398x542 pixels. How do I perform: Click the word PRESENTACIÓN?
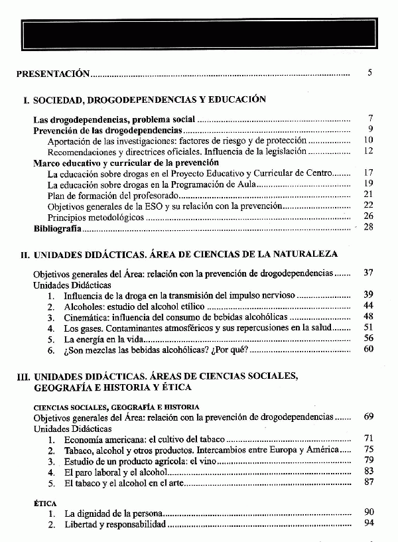coord(52,74)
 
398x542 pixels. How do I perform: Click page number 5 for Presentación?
coord(369,72)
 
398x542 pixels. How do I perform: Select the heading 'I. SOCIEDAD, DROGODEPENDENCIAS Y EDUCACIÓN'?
coord(144,100)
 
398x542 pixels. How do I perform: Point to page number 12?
coord(369,151)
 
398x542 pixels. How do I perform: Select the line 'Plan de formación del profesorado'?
coord(113,195)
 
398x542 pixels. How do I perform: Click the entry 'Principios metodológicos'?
coord(96,217)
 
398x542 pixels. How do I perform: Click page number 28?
coord(369,227)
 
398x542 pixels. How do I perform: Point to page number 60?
coord(369,349)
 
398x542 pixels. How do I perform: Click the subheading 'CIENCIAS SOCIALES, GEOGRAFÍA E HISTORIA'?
coord(116,407)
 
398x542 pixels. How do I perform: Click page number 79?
coord(369,460)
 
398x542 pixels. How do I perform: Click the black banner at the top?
coord(198,32)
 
